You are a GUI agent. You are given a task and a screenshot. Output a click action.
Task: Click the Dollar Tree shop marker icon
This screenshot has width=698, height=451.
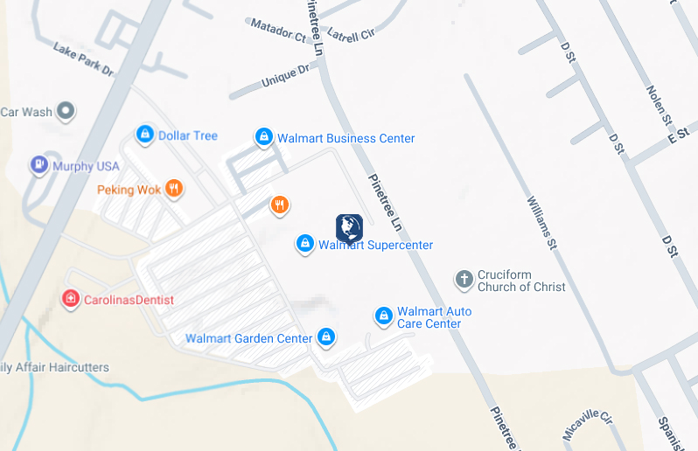click(145, 135)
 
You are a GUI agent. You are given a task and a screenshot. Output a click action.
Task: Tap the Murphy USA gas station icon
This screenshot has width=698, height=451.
click(38, 165)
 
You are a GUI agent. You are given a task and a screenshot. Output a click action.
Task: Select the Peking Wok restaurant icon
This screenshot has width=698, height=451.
click(174, 189)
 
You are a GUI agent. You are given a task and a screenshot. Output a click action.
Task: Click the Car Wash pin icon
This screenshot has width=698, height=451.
click(66, 111)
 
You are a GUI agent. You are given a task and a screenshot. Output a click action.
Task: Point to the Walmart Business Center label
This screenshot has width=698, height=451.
click(346, 138)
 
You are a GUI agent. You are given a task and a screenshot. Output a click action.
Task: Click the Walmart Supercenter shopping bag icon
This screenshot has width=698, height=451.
click(305, 244)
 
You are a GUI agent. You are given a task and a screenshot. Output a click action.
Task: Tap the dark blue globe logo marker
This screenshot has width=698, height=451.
click(349, 228)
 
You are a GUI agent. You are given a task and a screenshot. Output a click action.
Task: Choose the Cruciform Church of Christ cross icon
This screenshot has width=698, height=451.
click(464, 280)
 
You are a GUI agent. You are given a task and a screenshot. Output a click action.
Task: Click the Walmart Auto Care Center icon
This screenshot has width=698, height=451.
click(383, 316)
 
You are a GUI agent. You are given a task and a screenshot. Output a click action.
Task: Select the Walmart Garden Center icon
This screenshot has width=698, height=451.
click(326, 337)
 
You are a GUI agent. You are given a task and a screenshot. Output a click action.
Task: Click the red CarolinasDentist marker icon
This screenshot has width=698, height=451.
click(70, 299)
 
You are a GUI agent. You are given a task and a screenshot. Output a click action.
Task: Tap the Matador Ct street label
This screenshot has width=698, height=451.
click(278, 31)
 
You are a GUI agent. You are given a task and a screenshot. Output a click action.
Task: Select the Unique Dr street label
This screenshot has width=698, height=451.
click(285, 76)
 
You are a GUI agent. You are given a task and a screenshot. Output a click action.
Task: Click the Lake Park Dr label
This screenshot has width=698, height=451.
click(84, 59)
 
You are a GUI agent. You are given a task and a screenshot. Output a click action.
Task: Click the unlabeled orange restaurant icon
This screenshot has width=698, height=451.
click(280, 205)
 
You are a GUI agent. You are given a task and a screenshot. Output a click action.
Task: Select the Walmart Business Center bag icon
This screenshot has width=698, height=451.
click(263, 137)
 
